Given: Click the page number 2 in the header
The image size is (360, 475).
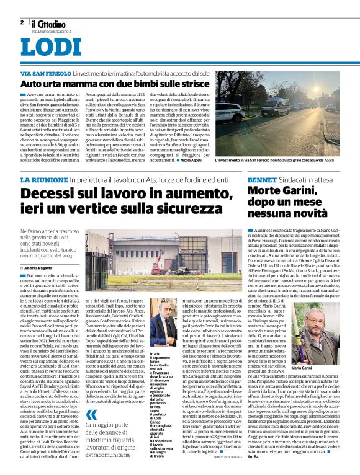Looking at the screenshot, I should coord(22,22).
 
